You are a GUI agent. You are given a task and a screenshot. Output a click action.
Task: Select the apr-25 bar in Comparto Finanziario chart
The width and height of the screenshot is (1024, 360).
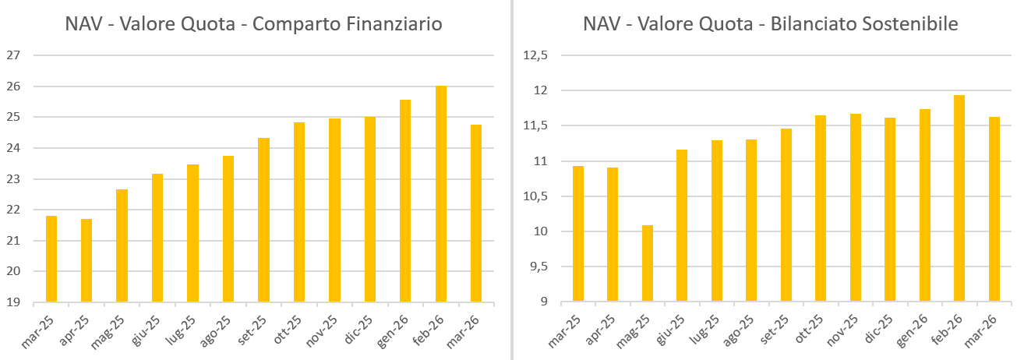pyautogui.click(x=87, y=260)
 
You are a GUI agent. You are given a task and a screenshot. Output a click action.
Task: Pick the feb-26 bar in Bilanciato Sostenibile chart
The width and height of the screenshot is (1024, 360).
pyautogui.click(x=959, y=198)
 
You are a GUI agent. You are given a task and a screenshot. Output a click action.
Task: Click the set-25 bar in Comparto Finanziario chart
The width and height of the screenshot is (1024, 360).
pyautogui.click(x=263, y=220)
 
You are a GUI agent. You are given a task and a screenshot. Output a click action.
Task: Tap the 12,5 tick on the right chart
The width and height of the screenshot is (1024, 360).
pyautogui.click(x=535, y=55)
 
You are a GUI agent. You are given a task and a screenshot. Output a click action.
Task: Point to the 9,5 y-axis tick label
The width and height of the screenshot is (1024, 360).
pyautogui.click(x=538, y=267)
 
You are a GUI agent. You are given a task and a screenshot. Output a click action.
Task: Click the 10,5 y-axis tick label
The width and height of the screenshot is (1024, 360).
pyautogui.click(x=535, y=196)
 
